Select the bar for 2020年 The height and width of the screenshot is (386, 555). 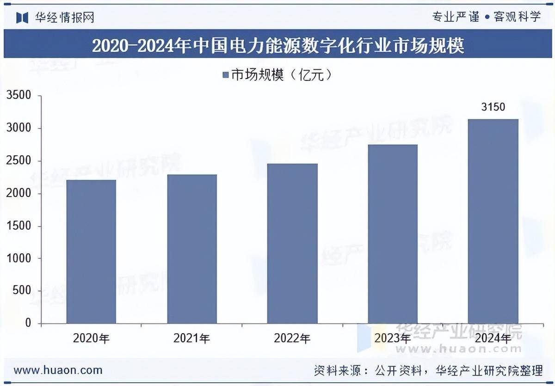click(x=91, y=251)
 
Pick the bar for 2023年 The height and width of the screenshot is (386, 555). click(x=393, y=234)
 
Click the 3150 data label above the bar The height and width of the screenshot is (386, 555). click(x=493, y=107)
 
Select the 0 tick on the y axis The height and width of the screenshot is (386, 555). click(x=28, y=323)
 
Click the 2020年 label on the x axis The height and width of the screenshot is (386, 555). click(x=91, y=339)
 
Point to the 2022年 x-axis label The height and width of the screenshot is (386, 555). click(x=292, y=339)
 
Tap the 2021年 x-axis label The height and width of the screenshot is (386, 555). click(x=192, y=339)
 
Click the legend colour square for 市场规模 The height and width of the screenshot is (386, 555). click(x=225, y=75)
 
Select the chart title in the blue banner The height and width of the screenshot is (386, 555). click(x=277, y=46)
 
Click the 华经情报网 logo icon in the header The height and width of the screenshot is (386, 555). click(x=22, y=18)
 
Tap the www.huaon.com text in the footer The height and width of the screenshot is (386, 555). click(x=58, y=370)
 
